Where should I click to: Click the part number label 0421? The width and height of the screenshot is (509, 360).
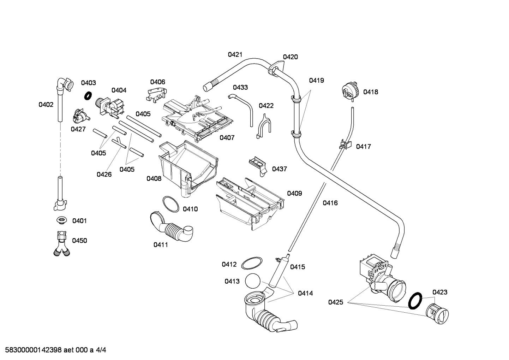[x=235, y=54]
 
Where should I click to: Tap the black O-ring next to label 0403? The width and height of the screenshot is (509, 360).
[x=88, y=95]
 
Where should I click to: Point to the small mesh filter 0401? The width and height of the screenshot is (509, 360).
[x=61, y=220]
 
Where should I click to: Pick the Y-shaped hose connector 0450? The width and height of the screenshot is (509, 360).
[x=60, y=243]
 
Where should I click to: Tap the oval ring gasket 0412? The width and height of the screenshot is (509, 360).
[x=252, y=263]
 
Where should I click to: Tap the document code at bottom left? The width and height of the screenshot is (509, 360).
[x=53, y=350]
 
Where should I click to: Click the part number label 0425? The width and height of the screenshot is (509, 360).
[x=335, y=302]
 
